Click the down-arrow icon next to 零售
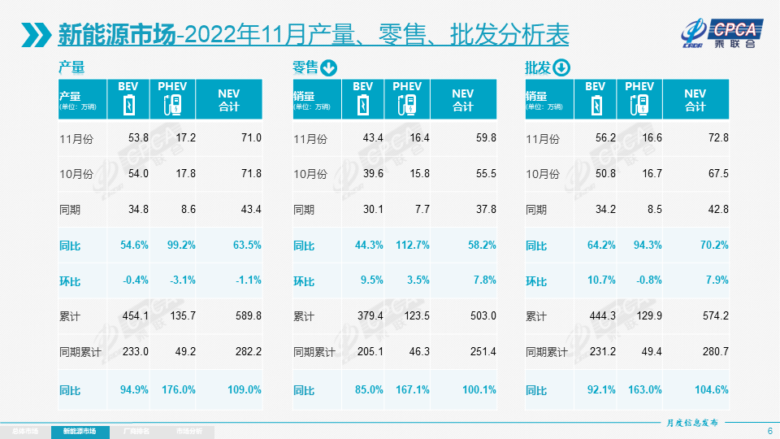329,68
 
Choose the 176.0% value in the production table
179,389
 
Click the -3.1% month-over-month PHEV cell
184,280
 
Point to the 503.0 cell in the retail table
480,316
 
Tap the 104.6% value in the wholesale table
711,389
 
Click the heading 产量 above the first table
71,68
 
